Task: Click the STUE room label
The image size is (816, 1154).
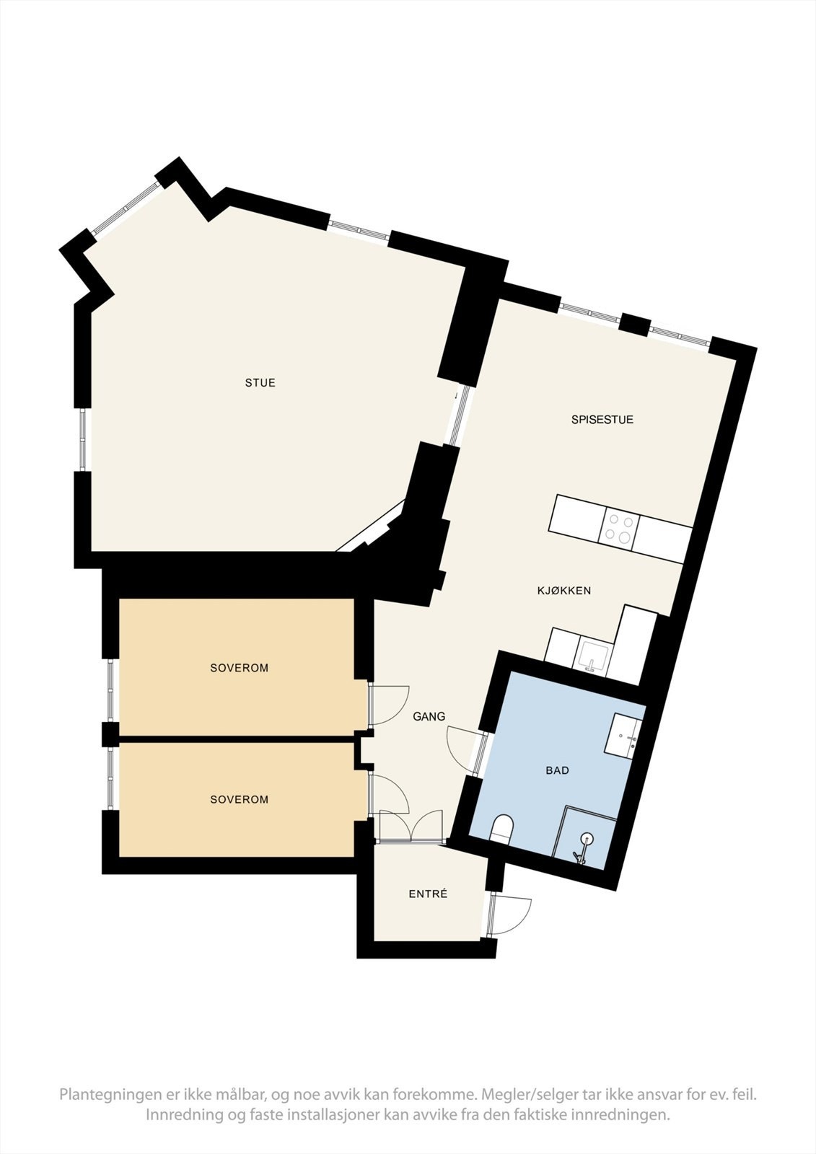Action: pyautogui.click(x=260, y=383)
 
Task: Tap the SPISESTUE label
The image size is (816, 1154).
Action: pyautogui.click(x=602, y=419)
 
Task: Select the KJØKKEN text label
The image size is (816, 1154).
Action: pyautogui.click(x=563, y=591)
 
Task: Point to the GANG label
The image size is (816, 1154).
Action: pyautogui.click(x=429, y=716)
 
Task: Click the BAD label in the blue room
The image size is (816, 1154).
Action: pyautogui.click(x=557, y=770)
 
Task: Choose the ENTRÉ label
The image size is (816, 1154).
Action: pyautogui.click(x=428, y=894)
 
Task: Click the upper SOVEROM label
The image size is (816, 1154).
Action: pyautogui.click(x=239, y=668)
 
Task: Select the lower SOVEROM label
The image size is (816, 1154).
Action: pyautogui.click(x=239, y=799)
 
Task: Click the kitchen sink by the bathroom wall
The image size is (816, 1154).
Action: pyautogui.click(x=592, y=656)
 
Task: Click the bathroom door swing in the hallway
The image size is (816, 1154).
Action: pyautogui.click(x=463, y=746)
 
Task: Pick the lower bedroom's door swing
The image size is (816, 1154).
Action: pyautogui.click(x=390, y=793)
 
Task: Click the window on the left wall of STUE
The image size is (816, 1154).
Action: pyautogui.click(x=84, y=440)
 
